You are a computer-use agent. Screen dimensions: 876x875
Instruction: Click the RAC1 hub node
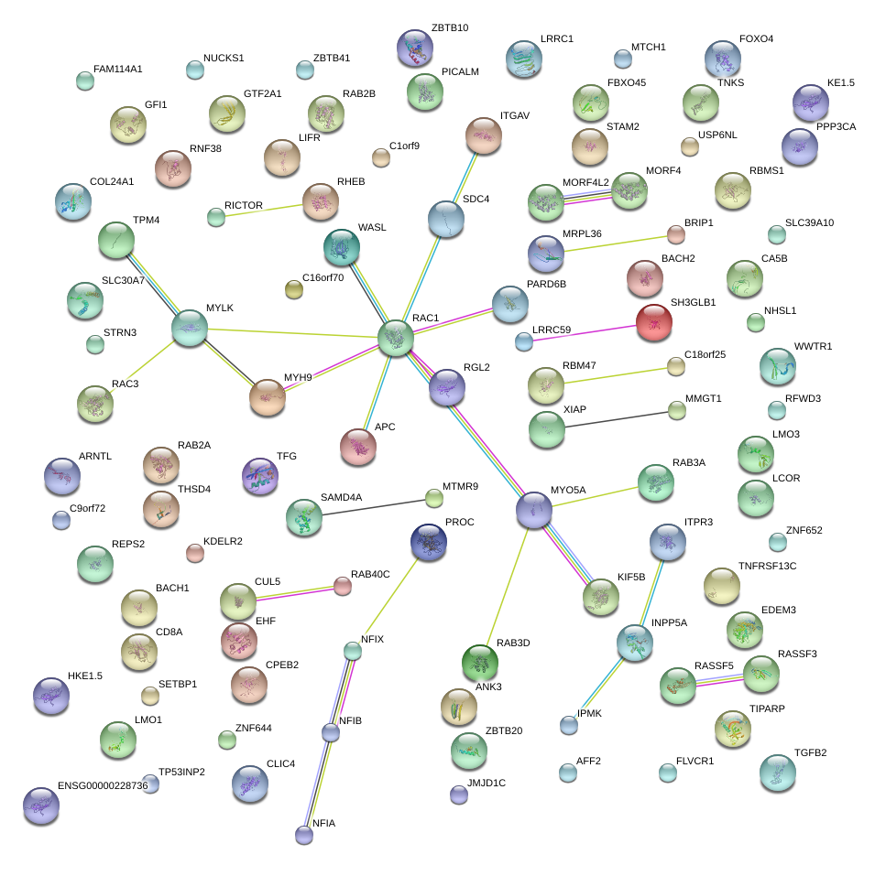click(396, 338)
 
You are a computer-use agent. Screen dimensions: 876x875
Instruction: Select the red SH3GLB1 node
click(654, 322)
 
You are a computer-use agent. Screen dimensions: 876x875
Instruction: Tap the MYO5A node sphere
click(534, 510)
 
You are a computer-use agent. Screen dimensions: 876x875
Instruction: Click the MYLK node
click(190, 328)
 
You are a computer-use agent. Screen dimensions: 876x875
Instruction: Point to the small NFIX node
click(353, 651)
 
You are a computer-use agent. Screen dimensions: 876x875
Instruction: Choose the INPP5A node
click(633, 643)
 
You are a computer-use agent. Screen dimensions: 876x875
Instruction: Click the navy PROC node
click(429, 542)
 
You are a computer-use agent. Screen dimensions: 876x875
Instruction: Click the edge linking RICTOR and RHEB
click(266, 208)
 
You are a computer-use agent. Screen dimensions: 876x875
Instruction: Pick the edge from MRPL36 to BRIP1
click(614, 244)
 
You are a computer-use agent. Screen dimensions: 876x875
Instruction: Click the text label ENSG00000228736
click(102, 786)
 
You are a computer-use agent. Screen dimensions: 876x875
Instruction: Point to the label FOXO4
click(756, 39)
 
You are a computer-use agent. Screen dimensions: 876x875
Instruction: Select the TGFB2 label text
click(810, 753)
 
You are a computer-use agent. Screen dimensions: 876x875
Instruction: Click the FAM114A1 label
click(118, 69)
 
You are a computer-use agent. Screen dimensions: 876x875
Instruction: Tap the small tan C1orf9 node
click(381, 157)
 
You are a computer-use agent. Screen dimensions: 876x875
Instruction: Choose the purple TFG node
click(259, 476)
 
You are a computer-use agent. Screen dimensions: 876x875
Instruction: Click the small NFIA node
click(304, 834)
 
